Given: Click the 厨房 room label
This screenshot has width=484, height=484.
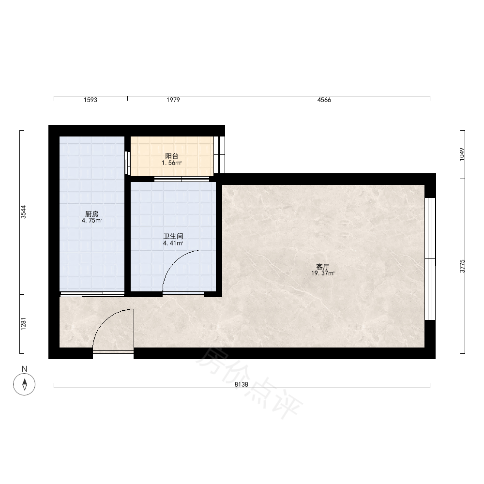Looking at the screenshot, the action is point(91,213).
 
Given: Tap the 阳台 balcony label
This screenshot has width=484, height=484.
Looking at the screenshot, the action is point(172,156).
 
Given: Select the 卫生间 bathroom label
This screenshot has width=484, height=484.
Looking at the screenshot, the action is point(173,237).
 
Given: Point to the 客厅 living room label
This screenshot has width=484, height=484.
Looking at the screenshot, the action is point(322,267).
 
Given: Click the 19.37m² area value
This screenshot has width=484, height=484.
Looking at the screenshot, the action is point(322,273).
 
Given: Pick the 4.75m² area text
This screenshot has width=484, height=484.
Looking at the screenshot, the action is point(91,220).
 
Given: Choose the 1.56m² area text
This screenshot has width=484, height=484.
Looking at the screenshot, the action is point(172,163).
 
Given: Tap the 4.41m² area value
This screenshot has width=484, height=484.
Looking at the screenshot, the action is point(173,243).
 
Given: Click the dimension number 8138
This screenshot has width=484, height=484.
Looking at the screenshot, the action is point(242,384).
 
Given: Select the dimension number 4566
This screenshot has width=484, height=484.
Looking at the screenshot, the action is point(324,100).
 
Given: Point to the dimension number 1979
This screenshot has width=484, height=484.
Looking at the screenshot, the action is point(173,100).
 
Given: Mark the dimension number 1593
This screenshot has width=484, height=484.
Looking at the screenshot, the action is point(91,100).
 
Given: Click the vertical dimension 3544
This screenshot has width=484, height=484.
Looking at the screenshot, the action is point(23,212).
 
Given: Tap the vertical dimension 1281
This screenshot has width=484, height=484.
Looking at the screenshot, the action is point(23,324).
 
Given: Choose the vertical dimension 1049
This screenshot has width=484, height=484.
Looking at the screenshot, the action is point(462,154).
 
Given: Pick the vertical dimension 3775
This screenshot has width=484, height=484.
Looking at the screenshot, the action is point(462,266).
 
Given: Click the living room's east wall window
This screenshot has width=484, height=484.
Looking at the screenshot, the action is point(430,258).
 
